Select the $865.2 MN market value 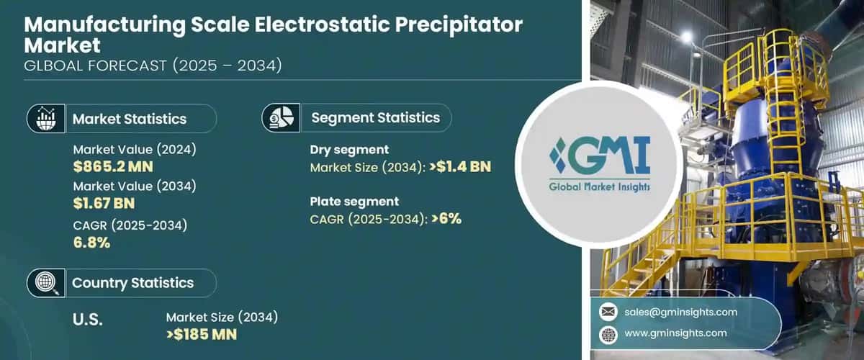(113, 167)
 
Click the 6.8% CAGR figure (91, 242)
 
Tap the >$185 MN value (202, 334)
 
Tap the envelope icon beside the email (609, 312)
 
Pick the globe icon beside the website (609, 333)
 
